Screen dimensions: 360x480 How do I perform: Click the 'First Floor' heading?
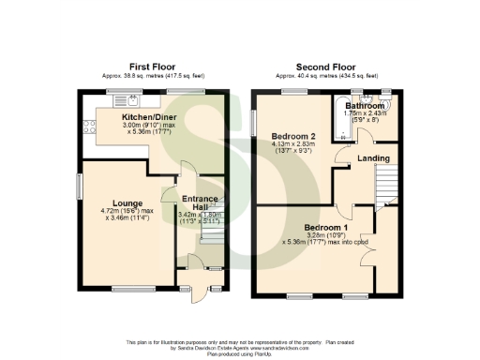click(x=154, y=67)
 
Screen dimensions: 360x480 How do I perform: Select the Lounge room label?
click(x=127, y=202)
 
